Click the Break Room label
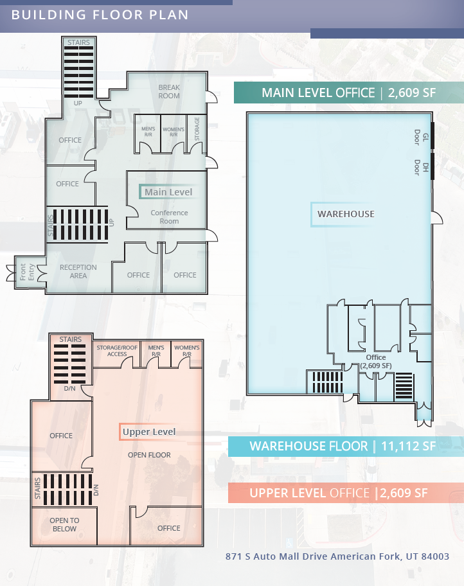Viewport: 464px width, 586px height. (x=169, y=91)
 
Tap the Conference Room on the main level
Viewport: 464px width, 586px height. (x=169, y=217)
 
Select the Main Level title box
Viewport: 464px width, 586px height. (x=168, y=191)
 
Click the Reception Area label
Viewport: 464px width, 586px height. (x=78, y=271)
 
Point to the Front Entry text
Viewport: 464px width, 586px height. (x=27, y=272)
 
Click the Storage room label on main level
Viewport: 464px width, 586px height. (x=197, y=129)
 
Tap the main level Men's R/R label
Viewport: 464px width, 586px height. (x=148, y=132)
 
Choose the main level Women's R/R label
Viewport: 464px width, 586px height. (x=174, y=132)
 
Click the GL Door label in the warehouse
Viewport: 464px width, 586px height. (x=421, y=137)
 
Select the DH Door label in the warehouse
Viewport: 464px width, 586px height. (x=421, y=168)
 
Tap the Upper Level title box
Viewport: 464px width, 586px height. (x=149, y=432)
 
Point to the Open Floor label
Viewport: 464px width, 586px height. (x=149, y=455)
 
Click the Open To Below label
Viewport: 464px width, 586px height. (x=64, y=524)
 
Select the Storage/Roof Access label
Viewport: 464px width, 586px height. (x=117, y=351)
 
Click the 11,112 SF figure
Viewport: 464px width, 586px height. (x=408, y=446)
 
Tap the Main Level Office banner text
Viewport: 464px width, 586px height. (x=318, y=93)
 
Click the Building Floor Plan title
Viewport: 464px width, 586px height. (x=100, y=15)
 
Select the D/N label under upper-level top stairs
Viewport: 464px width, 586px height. (x=69, y=388)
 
